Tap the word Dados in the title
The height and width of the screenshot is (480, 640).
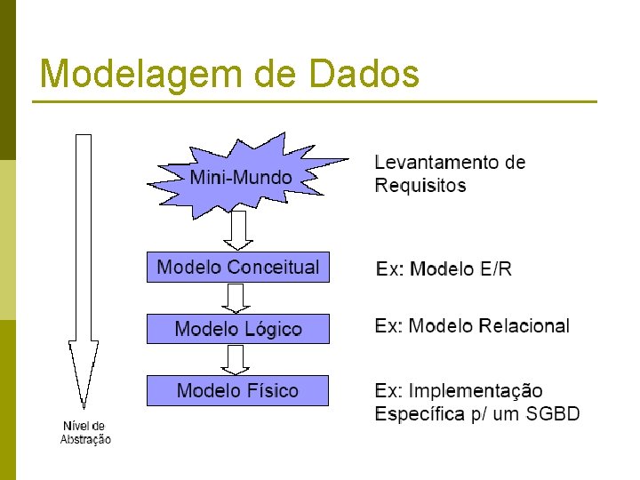tap(364, 74)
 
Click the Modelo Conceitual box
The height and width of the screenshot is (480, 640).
tap(237, 267)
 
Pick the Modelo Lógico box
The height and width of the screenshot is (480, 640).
tap(237, 329)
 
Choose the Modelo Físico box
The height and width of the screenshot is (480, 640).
tap(237, 390)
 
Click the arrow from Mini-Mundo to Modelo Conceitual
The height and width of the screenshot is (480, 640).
tap(237, 231)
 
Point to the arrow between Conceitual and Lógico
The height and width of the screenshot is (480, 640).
tap(236, 298)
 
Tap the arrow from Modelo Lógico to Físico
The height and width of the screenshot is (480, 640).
tap(236, 359)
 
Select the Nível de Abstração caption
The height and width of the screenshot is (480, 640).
tap(85, 432)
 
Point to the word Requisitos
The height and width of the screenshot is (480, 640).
tap(420, 186)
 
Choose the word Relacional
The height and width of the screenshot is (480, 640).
tap(524, 326)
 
